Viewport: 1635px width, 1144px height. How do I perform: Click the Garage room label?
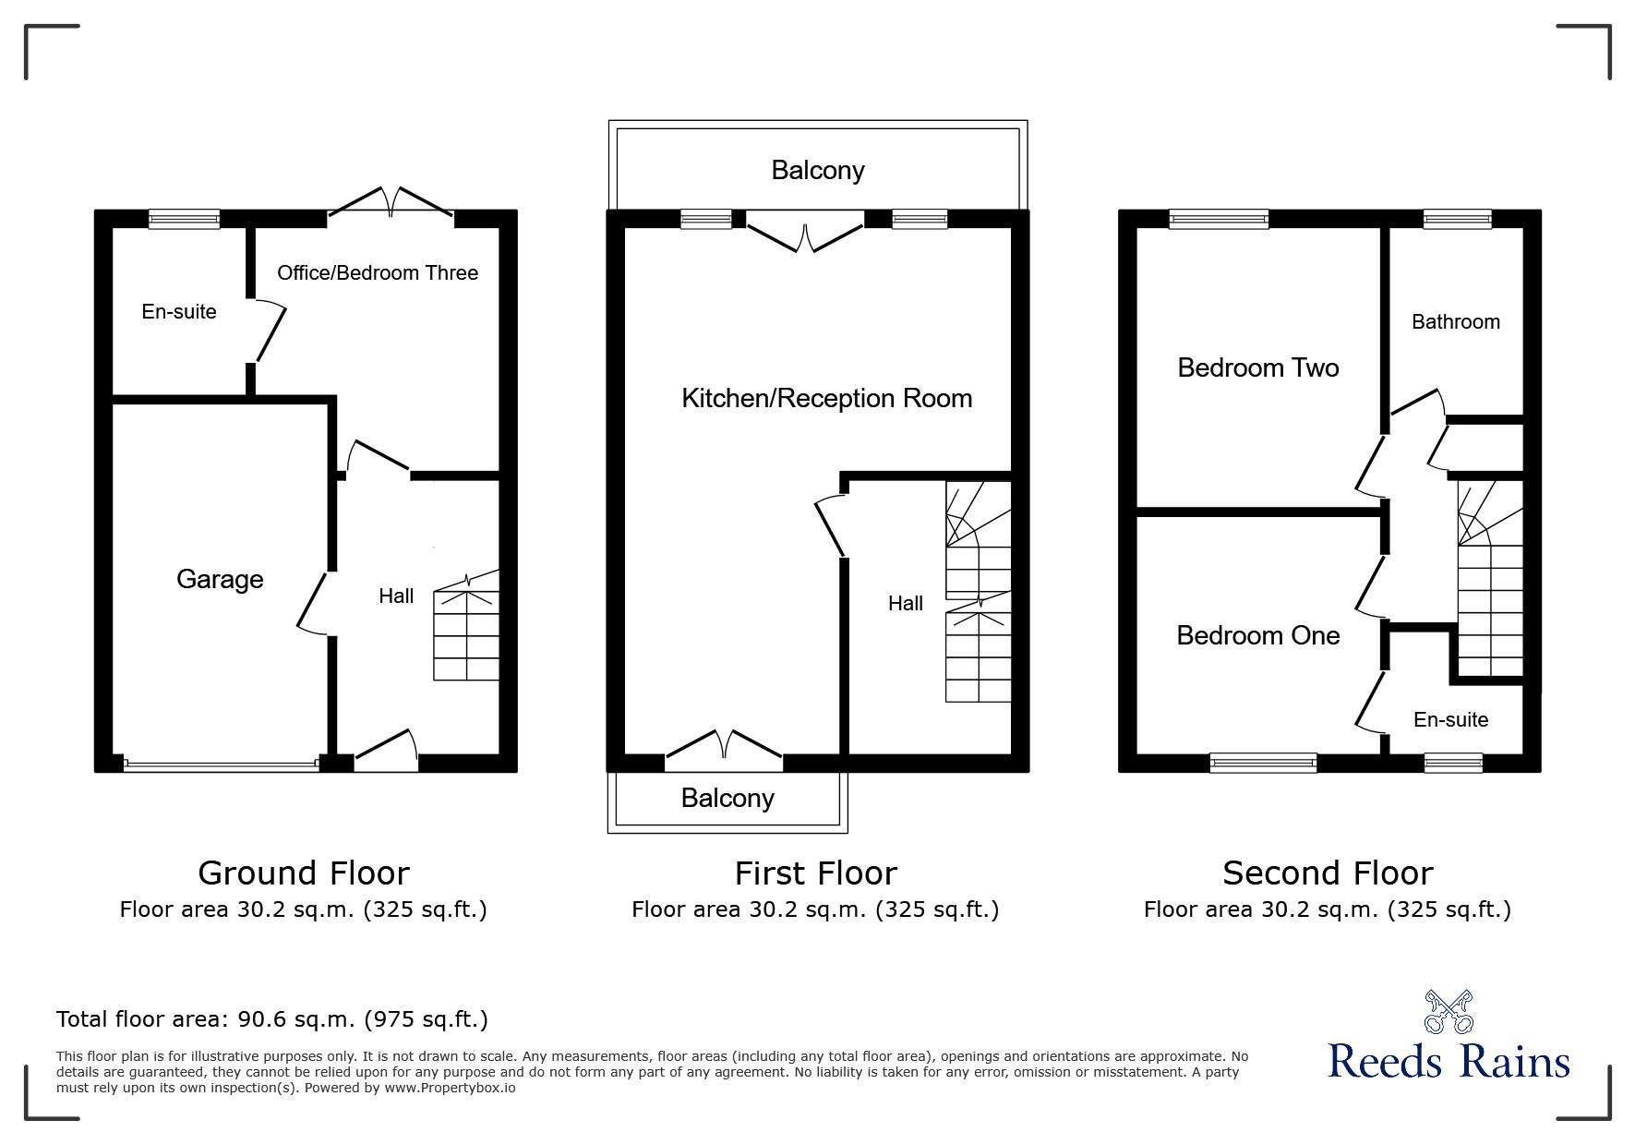click(x=220, y=579)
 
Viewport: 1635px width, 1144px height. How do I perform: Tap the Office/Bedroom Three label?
click(x=378, y=272)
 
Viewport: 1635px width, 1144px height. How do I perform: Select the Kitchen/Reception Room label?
click(x=826, y=398)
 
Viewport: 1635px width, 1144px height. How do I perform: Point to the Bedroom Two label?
click(x=1257, y=367)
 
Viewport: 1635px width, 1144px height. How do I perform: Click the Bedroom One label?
click(x=1257, y=635)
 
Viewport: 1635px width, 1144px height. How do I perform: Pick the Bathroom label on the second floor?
click(x=1456, y=321)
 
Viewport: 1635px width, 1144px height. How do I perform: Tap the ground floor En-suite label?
click(x=179, y=311)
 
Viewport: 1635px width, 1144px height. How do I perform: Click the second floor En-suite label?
click(x=1450, y=719)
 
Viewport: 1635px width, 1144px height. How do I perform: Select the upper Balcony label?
click(x=818, y=170)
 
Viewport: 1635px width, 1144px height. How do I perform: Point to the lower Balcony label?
click(x=727, y=798)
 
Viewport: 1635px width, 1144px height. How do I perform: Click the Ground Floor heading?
click(x=304, y=873)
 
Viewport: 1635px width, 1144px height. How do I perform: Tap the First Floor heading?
click(x=815, y=873)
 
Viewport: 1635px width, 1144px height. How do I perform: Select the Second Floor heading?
click(x=1328, y=873)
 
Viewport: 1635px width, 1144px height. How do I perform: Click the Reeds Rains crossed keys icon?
click(x=1449, y=1012)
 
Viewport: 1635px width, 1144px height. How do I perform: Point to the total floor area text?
click(x=272, y=1019)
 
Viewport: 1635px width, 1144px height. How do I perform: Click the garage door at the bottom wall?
click(x=221, y=764)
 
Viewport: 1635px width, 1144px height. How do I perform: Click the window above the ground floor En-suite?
click(x=185, y=220)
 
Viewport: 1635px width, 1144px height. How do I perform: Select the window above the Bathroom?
click(x=1458, y=220)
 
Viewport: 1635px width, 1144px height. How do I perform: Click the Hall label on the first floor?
click(x=906, y=603)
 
